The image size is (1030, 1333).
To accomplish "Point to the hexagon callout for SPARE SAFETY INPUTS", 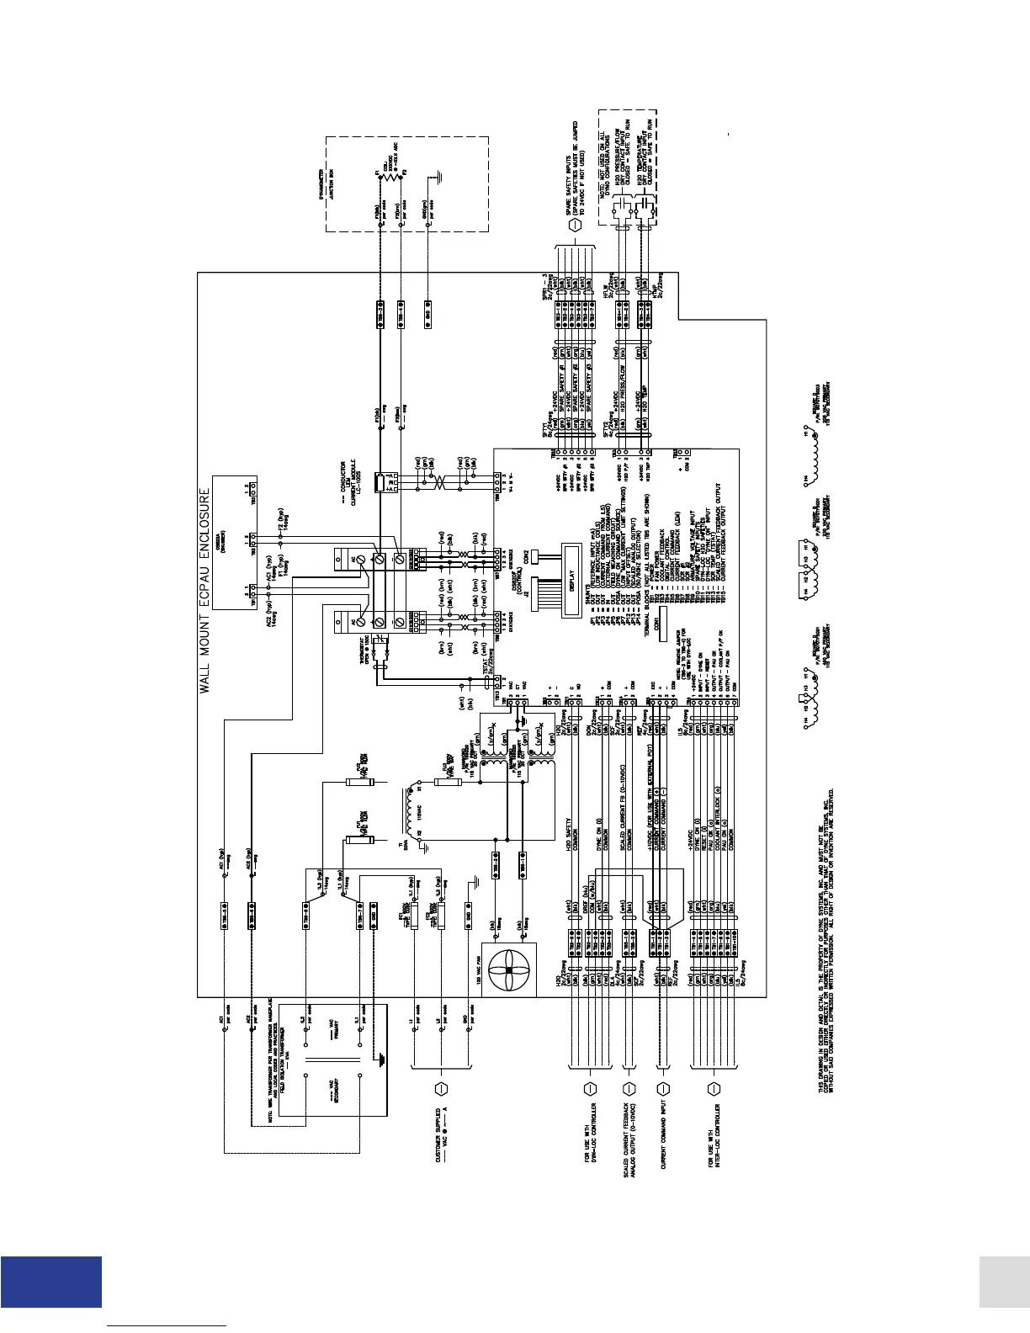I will click(575, 226).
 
